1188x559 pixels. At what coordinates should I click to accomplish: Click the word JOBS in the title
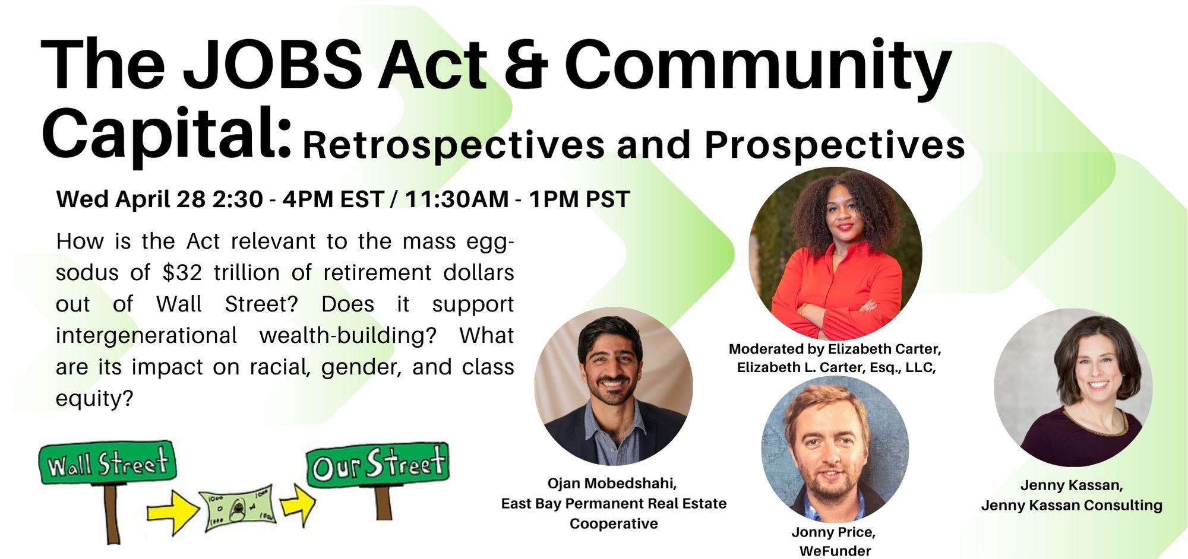coord(273,65)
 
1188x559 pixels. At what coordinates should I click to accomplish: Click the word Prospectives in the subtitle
coord(835,145)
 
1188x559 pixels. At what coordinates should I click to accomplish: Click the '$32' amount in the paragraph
coord(182,272)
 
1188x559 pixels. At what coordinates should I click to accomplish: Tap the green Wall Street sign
coord(108,463)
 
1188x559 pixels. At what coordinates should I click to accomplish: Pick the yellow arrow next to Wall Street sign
coord(173,509)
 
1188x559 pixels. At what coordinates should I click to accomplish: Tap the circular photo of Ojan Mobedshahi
coord(614,386)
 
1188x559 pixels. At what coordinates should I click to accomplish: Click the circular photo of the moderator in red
coord(835,254)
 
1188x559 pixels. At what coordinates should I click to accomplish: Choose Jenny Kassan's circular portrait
coord(1073,388)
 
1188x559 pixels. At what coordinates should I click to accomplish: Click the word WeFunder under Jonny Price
coord(835,551)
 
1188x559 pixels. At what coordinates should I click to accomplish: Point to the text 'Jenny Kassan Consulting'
coord(1072,506)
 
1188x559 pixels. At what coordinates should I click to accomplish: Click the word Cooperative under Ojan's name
coord(614,524)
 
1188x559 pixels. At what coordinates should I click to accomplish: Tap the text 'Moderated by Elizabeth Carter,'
coord(835,349)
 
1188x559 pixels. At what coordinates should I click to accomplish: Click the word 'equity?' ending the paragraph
coord(94,399)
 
